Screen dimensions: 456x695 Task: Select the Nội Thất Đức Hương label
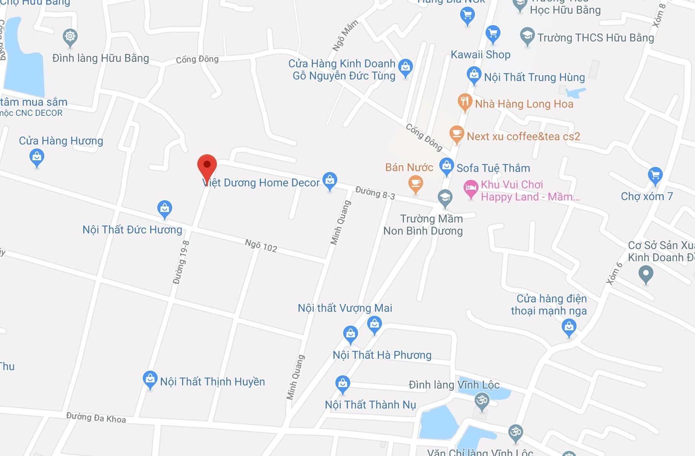click(132, 230)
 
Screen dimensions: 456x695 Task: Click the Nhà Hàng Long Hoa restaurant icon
click(465, 102)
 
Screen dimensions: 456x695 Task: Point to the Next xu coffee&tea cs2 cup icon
click(456, 134)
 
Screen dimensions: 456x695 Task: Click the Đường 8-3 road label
click(375, 193)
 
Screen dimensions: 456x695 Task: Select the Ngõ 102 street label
click(261, 246)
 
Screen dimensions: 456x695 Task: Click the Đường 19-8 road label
click(181, 262)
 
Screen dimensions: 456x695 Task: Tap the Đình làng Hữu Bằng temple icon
click(70, 37)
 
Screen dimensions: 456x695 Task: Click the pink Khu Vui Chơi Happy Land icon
click(471, 188)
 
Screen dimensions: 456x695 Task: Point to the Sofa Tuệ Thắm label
click(493, 168)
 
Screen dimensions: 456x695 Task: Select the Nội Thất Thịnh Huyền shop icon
click(149, 379)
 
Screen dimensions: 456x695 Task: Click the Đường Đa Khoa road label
click(96, 418)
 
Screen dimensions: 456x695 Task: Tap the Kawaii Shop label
click(480, 54)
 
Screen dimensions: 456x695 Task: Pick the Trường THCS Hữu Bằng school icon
click(528, 36)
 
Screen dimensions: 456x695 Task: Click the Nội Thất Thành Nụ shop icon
click(342, 384)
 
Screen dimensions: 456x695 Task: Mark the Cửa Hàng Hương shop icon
click(37, 157)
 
